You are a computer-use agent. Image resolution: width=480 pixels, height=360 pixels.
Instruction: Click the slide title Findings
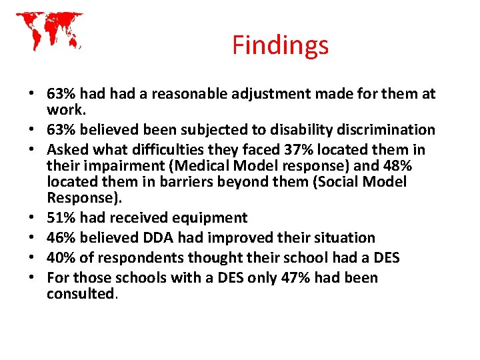click(x=280, y=45)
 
